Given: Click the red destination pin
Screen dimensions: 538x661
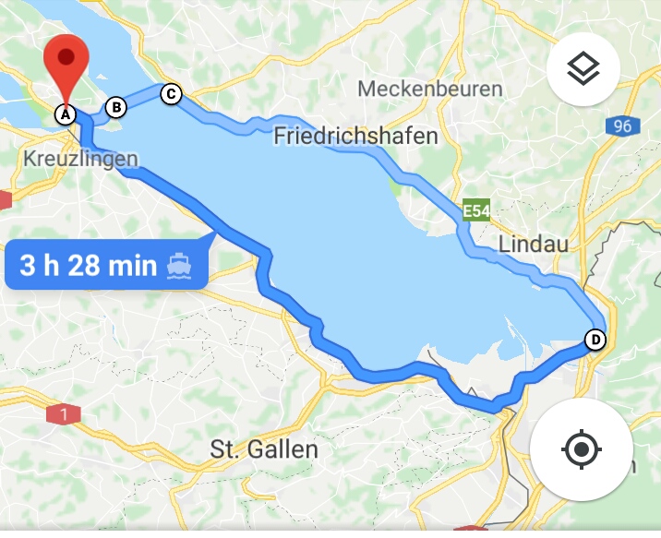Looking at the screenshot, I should (x=66, y=60).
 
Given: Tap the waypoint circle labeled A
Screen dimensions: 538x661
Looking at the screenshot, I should (x=64, y=114).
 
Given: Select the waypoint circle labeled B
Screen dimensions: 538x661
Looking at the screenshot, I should (x=116, y=108).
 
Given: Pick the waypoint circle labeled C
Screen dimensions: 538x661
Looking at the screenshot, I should (x=171, y=93).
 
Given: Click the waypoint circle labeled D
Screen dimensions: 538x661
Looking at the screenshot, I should (x=596, y=340).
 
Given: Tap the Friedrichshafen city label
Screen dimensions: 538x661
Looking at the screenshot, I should (x=355, y=137).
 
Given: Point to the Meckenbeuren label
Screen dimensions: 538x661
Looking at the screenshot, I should (x=430, y=90).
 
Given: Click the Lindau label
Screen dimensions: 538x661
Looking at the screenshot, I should (x=533, y=244).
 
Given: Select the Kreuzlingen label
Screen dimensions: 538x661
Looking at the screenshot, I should (x=79, y=160).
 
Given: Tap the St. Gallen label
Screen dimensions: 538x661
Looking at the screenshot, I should (x=264, y=450).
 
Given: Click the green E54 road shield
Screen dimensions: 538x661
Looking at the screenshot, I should (x=475, y=211).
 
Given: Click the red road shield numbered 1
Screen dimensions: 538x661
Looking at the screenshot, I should (x=63, y=415).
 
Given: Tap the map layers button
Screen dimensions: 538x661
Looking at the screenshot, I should (x=583, y=69).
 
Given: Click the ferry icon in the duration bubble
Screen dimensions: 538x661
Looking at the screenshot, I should (x=179, y=267).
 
